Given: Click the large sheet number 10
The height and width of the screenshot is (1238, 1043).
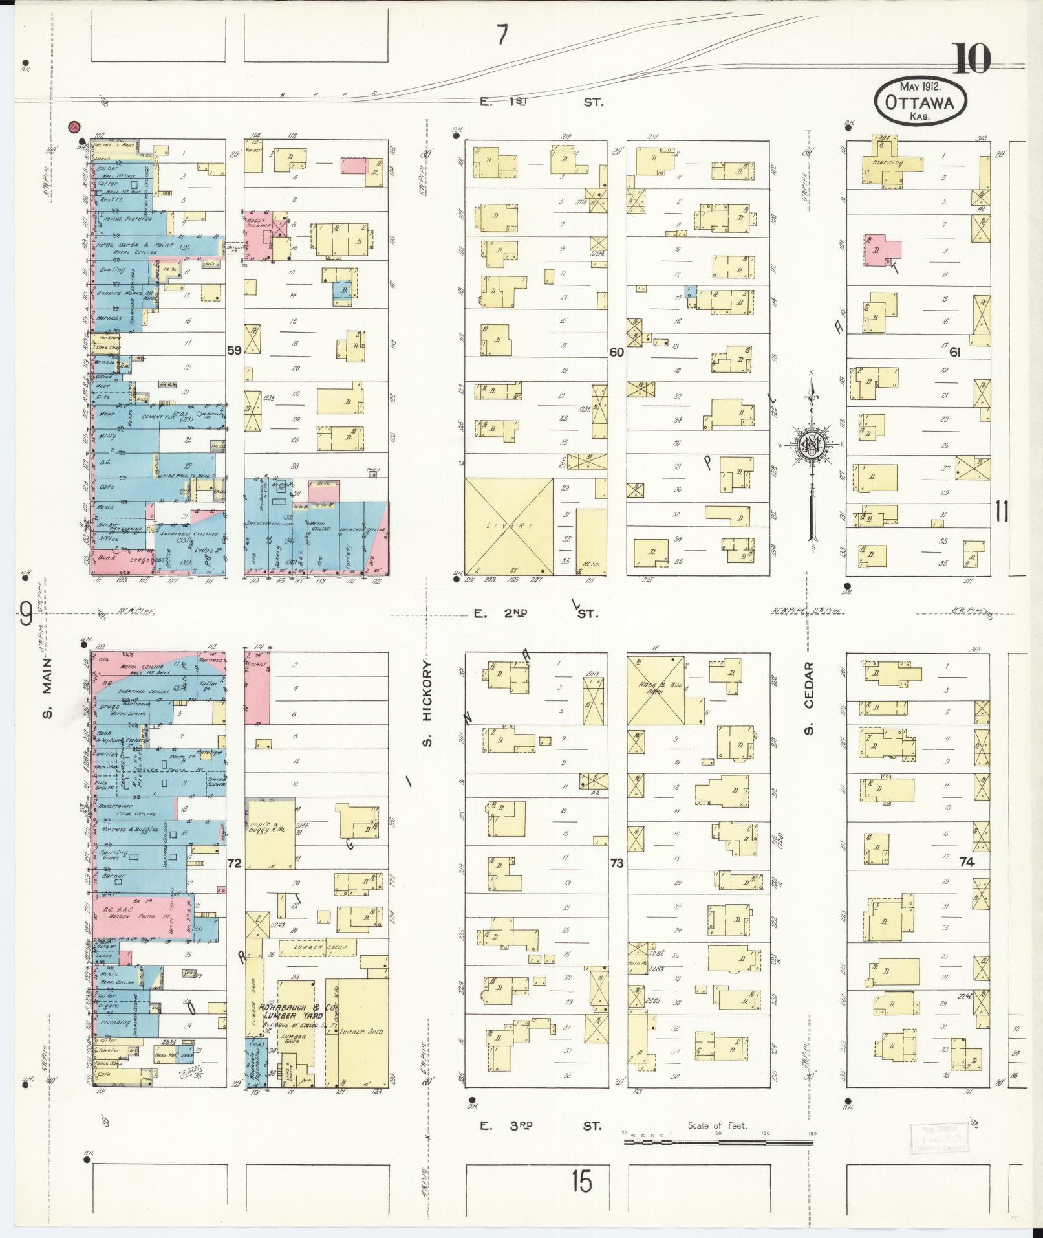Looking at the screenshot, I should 971,60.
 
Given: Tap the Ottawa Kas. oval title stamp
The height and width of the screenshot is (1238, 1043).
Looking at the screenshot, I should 921,102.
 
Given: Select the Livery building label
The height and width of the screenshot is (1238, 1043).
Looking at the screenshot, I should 510,526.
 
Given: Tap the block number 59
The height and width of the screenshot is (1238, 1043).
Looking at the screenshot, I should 233,351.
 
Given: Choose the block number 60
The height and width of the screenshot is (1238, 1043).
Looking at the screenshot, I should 616,352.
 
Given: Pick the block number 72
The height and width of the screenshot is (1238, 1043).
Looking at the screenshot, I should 233,863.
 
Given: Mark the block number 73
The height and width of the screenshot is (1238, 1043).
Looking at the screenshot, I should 616,863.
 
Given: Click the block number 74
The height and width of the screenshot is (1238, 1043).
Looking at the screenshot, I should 967,861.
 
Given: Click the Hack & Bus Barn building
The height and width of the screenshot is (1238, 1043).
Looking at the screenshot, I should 656,692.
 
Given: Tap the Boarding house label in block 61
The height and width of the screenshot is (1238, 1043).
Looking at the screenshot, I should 888,163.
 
